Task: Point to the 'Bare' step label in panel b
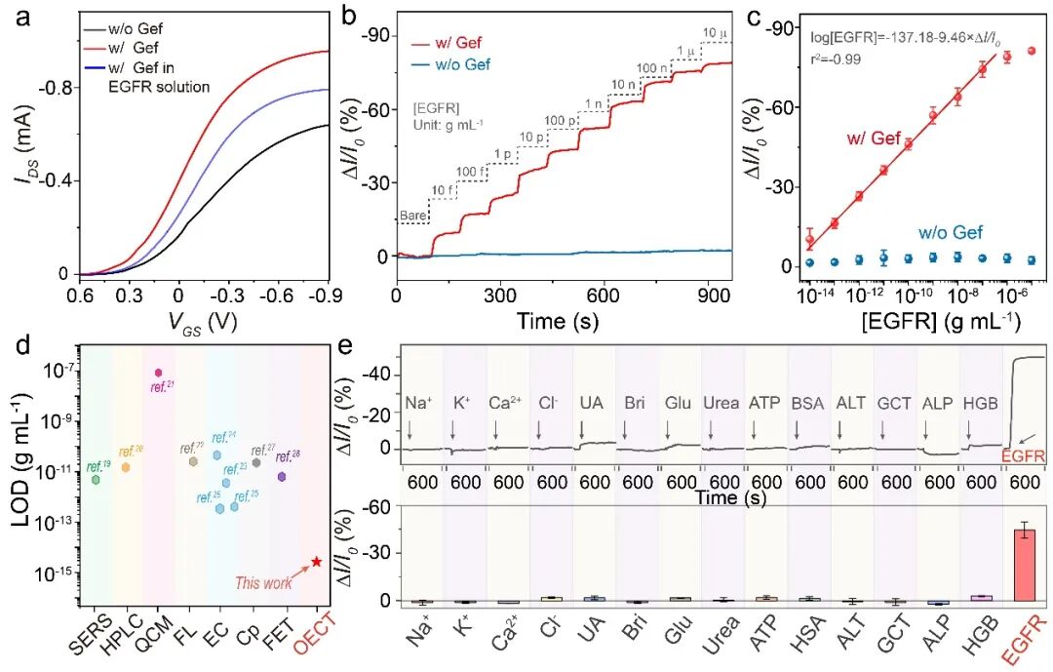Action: tap(413, 216)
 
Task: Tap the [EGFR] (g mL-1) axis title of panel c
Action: tap(927, 322)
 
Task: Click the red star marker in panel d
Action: tap(316, 562)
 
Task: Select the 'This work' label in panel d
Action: tap(263, 582)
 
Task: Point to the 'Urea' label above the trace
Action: tap(712, 402)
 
